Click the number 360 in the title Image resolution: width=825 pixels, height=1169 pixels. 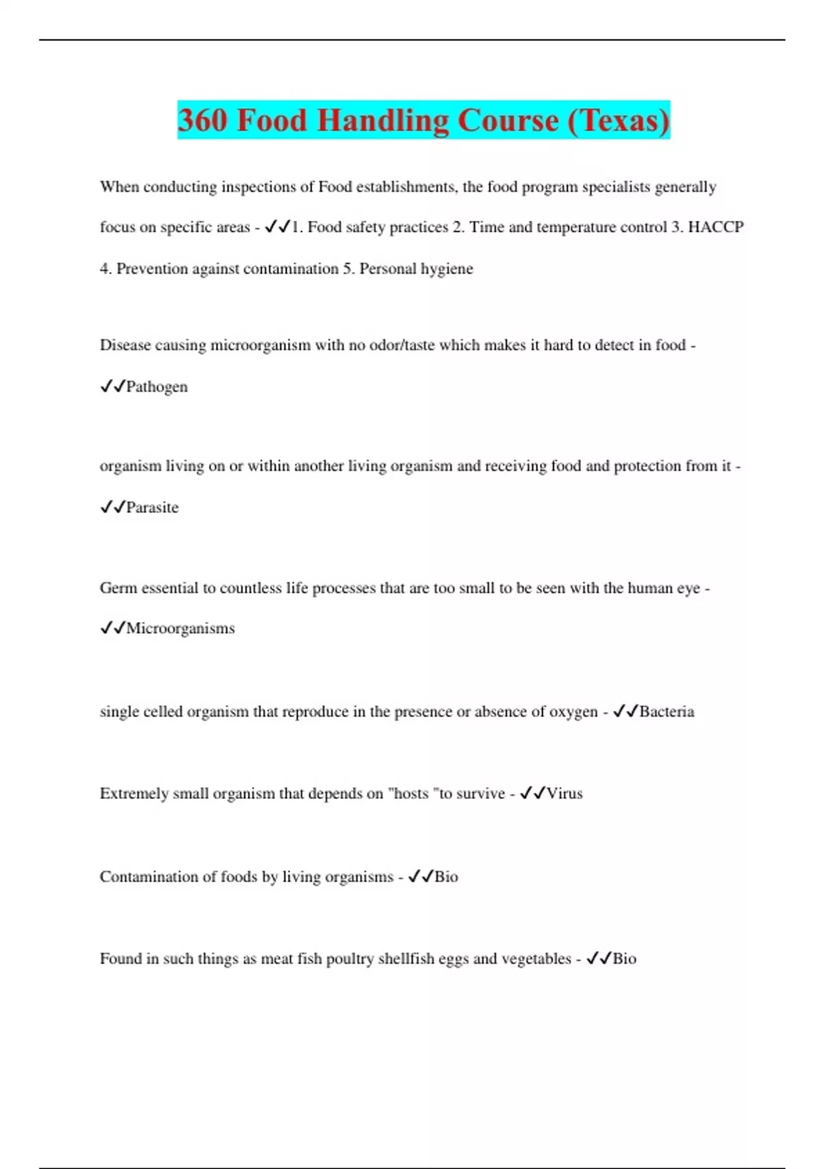point(203,120)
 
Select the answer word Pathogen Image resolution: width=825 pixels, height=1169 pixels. point(157,386)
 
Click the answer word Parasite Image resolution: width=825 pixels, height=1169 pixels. point(152,507)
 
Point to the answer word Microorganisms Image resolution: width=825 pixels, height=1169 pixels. point(180,629)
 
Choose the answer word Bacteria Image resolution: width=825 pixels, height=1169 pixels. point(666,712)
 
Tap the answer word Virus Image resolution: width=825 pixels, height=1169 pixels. point(564,794)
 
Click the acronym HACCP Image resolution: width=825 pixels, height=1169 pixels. point(716,228)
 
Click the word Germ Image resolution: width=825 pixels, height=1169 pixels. point(118,588)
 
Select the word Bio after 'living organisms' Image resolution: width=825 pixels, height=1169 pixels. point(446,877)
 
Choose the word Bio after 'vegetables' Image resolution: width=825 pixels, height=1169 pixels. point(624,959)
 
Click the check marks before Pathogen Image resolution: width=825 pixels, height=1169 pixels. point(112,386)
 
